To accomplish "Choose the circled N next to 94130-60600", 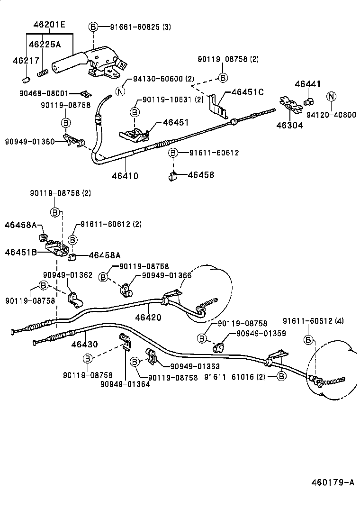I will point(120,91).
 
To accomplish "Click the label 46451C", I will point(247,92).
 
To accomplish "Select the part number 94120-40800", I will point(331,115).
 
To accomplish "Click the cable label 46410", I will point(125,176).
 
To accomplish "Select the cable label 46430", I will point(85,345).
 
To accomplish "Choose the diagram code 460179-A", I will point(333,482).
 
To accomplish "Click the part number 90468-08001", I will point(52,93).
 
